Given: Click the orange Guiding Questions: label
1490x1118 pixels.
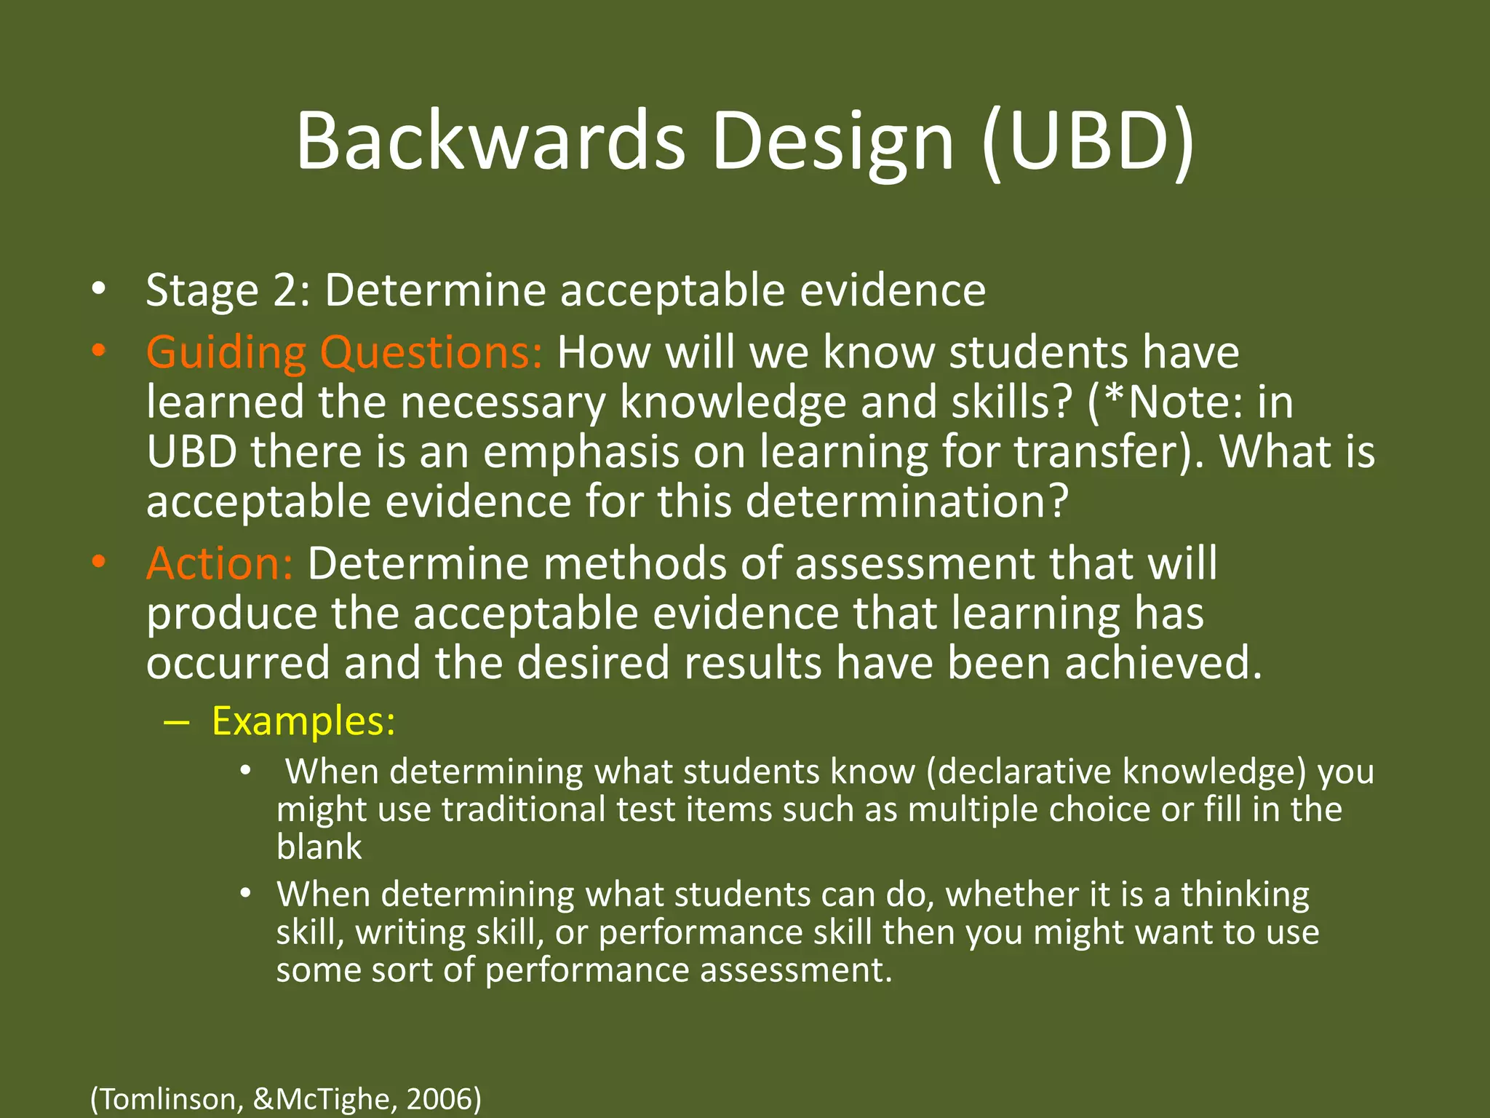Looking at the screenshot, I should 344,352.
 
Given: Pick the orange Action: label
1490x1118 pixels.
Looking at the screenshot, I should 220,563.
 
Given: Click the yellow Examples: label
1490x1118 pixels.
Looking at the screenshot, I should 303,721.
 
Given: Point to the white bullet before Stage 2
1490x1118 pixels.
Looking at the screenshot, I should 99,290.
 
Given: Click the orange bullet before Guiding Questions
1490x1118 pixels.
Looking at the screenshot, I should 99,352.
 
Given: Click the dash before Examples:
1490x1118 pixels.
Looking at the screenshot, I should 177,722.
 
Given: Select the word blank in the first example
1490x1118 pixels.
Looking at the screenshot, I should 319,847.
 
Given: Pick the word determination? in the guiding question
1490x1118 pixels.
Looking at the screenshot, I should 907,501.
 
